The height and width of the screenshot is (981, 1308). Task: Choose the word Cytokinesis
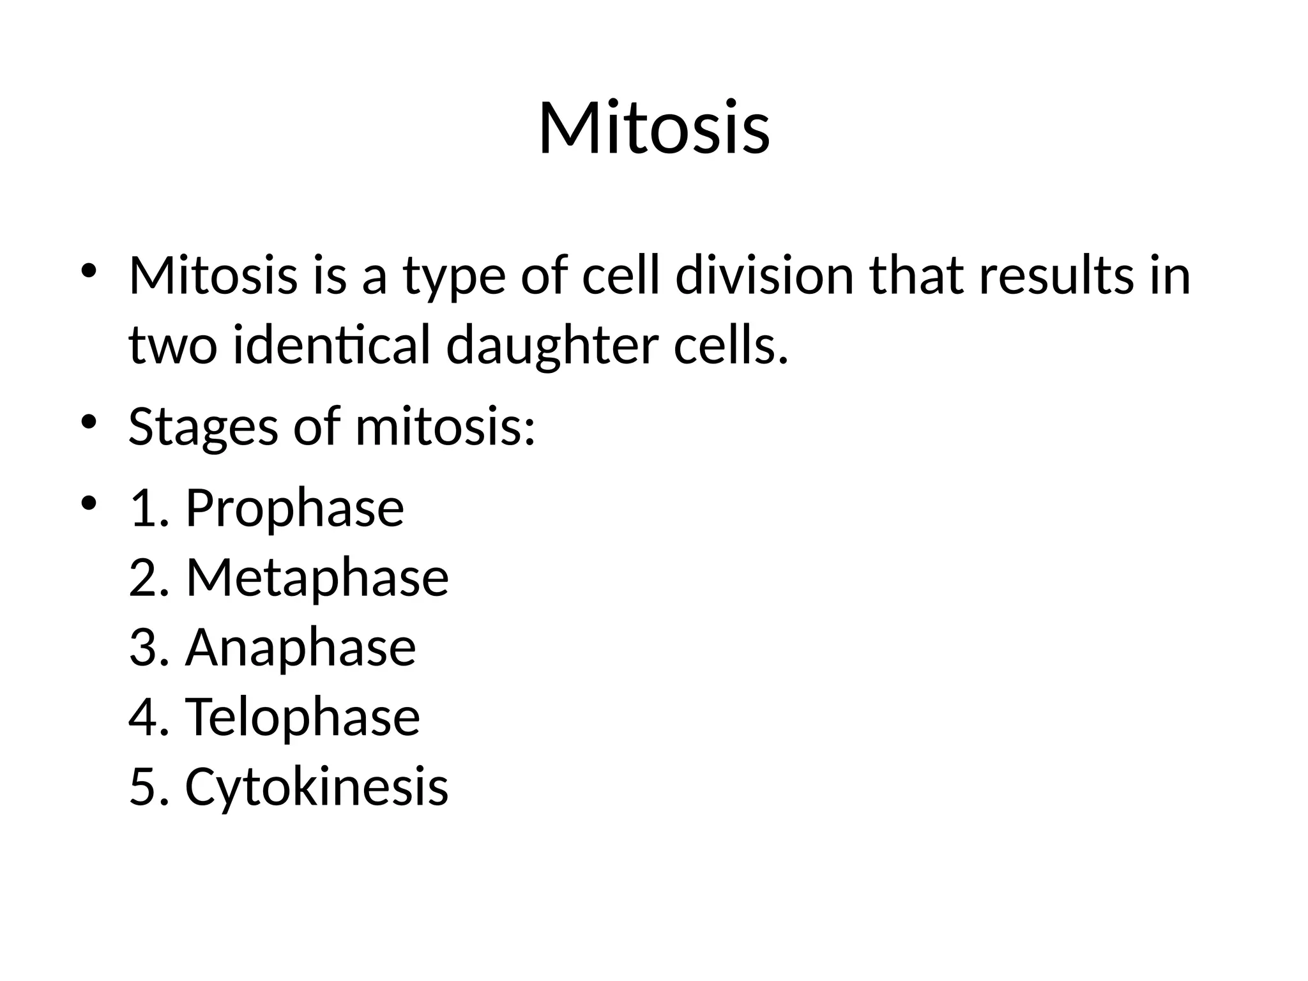pos(316,787)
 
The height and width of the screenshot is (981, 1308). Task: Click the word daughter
pos(552,346)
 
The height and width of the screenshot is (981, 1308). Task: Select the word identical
pos(331,346)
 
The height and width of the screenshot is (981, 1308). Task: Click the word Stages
pos(203,427)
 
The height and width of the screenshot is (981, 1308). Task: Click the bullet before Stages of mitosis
pos(89,422)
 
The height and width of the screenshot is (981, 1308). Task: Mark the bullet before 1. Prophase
pos(89,503)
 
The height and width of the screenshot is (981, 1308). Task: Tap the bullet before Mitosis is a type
pos(89,271)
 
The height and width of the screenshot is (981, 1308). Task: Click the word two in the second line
pos(172,346)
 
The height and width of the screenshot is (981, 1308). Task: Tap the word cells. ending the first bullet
pos(731,346)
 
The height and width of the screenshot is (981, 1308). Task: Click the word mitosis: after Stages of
pos(445,427)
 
